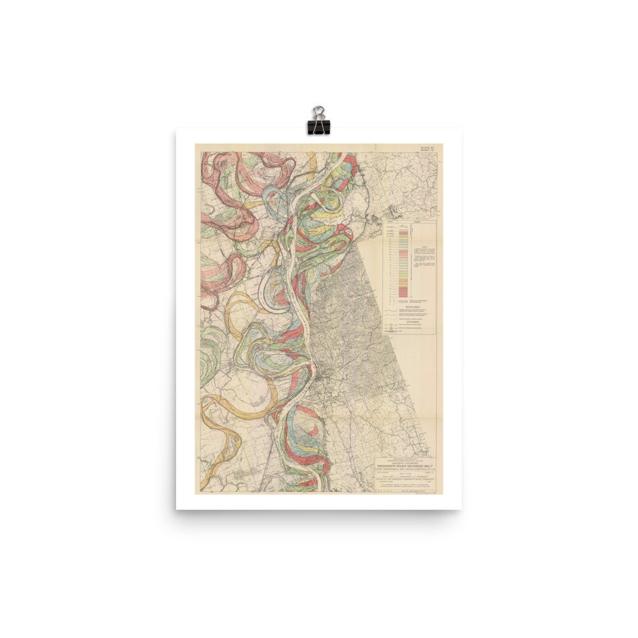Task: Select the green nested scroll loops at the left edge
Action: point(208,364)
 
